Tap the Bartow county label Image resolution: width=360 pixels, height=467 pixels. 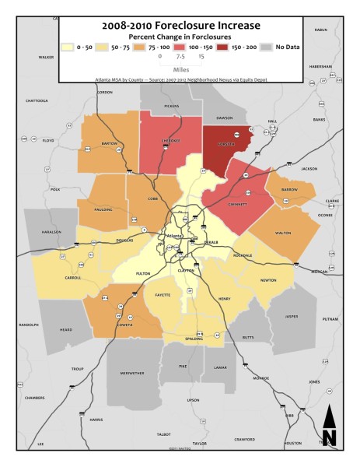click(x=109, y=145)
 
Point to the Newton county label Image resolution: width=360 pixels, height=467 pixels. click(x=269, y=280)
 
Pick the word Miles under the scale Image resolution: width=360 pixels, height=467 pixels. click(x=181, y=68)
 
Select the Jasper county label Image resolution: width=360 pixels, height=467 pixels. click(x=290, y=317)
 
